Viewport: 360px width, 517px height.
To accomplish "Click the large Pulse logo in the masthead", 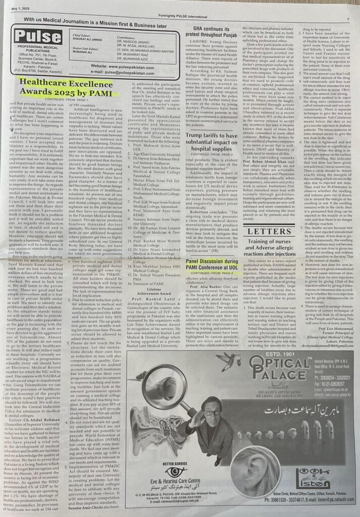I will click(x=38, y=36).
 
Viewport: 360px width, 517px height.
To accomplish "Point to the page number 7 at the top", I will click(x=348, y=19).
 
